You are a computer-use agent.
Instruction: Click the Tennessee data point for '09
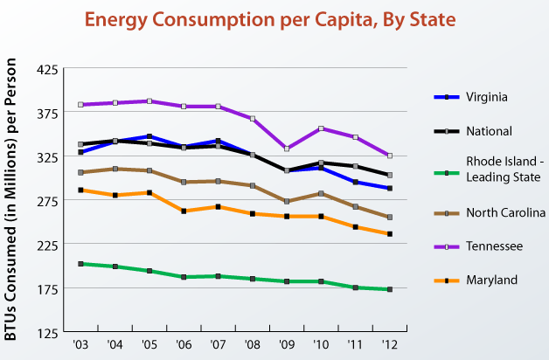[x=287, y=149]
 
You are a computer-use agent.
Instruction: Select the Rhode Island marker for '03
[x=80, y=263]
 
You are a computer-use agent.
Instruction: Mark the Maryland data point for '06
[x=184, y=211]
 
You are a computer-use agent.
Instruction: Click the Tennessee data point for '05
[x=149, y=101]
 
